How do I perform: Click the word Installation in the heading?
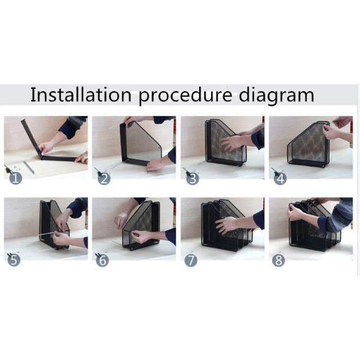point(80,95)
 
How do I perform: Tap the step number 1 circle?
point(16,178)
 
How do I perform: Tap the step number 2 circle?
point(104,178)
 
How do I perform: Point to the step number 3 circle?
point(192,178)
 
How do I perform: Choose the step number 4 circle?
point(281,178)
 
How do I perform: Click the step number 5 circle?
point(14,260)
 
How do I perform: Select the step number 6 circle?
point(102,260)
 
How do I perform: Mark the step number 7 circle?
point(191,260)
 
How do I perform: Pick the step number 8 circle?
point(278,260)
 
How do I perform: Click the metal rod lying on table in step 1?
point(29,168)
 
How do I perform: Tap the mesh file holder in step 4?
point(309,144)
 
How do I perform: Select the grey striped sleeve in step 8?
point(336,215)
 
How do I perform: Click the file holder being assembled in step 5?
point(54,224)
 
